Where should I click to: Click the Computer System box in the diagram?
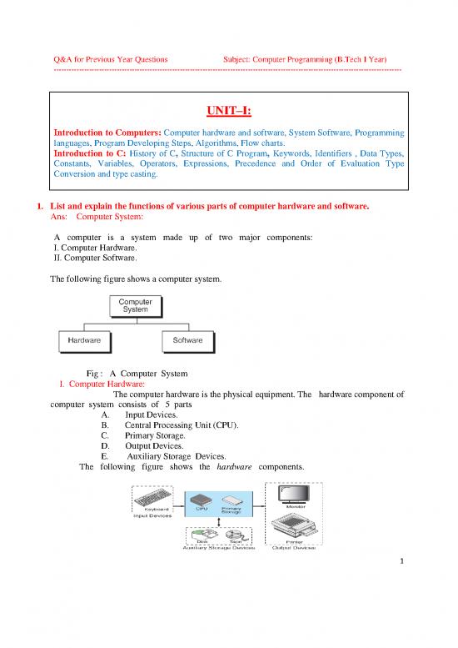pyautogui.click(x=136, y=305)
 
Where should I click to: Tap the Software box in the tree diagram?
pyautogui.click(x=187, y=340)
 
